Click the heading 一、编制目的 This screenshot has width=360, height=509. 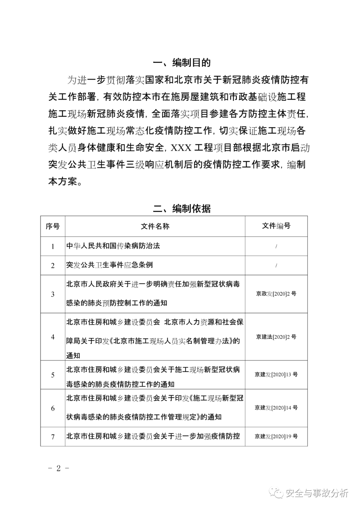pos(182,63)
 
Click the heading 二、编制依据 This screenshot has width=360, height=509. pos(182,209)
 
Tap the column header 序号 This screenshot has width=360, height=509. pos(53,226)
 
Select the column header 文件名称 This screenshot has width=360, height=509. pos(155,226)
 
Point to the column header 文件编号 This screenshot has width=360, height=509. pos(276,226)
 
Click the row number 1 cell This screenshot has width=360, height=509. pos(53,246)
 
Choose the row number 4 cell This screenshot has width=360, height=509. pos(53,337)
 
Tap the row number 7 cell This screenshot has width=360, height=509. pos(53,436)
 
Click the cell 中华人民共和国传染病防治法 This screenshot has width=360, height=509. pos(113,246)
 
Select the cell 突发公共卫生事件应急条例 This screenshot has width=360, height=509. pos(110,265)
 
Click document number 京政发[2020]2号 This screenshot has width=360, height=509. pos(276,294)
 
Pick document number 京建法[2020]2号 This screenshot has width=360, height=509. pos(276,337)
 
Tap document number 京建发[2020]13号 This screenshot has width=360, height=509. pos(276,374)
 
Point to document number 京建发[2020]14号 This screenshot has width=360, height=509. pos(276,408)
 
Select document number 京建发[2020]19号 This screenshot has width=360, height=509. pos(276,436)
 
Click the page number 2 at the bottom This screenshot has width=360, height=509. pos(59,468)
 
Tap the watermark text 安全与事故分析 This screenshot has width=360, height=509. pos(317,493)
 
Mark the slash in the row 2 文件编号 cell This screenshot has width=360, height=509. pos(276,266)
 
